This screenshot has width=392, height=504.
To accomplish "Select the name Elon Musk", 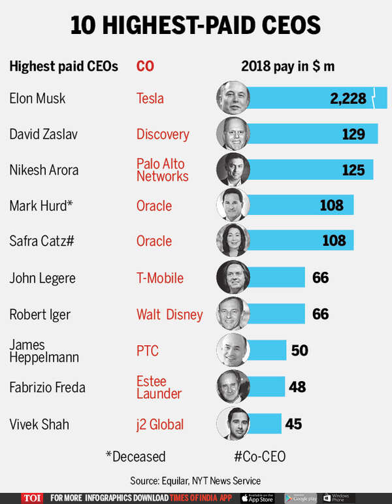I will [x=37, y=99].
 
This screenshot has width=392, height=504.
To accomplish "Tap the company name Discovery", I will [x=163, y=135].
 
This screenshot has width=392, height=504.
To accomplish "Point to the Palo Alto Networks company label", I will [x=161, y=170].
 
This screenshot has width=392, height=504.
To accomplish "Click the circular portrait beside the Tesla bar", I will [x=233, y=98].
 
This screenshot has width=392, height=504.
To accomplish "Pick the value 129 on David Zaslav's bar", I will [x=353, y=134].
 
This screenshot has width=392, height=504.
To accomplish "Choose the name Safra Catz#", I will [x=41, y=241].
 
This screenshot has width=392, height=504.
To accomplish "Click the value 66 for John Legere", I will [x=320, y=277].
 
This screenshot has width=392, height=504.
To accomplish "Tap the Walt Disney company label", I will [x=169, y=314].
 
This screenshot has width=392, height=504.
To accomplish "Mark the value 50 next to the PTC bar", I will [x=299, y=350].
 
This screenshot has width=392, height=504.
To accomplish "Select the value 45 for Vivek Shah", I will [x=293, y=424].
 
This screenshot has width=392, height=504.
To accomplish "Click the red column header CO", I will [x=145, y=67].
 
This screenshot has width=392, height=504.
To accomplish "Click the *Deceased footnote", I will [x=135, y=456].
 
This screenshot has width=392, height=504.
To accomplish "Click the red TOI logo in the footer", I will [x=31, y=497].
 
